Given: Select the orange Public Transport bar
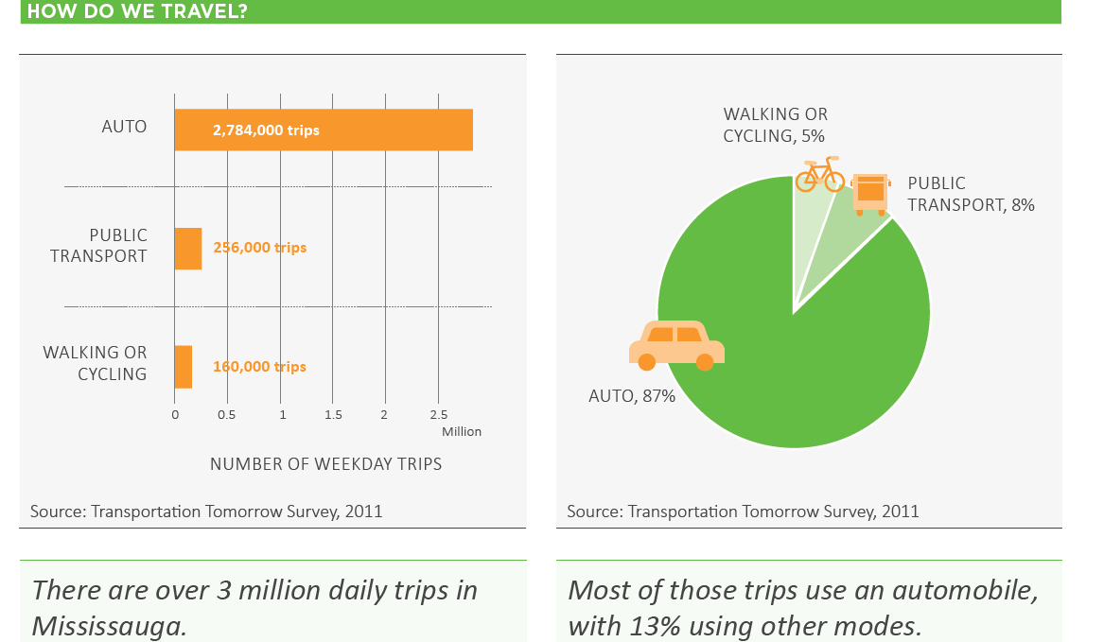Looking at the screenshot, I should tap(188, 249).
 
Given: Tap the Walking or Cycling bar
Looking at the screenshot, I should tap(184, 367).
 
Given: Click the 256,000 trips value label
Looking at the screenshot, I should tap(260, 249).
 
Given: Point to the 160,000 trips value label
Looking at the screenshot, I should tap(260, 367).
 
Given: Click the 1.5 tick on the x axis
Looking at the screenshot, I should tap(333, 415).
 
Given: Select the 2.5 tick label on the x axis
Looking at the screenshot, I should tap(438, 415).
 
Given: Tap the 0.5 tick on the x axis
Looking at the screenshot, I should tap(227, 415).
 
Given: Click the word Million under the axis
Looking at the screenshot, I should tap(462, 432).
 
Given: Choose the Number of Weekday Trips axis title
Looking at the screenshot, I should tap(325, 464).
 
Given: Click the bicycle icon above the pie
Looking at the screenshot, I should tap(819, 175).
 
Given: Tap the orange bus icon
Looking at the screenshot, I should tap(870, 194).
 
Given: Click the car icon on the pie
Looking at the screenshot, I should tap(676, 345).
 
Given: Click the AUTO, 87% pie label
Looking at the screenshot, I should tap(632, 396).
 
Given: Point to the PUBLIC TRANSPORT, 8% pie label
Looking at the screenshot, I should tap(971, 194).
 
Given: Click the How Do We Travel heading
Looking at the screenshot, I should tap(137, 11).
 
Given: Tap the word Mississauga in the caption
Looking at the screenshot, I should tap(109, 626).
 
